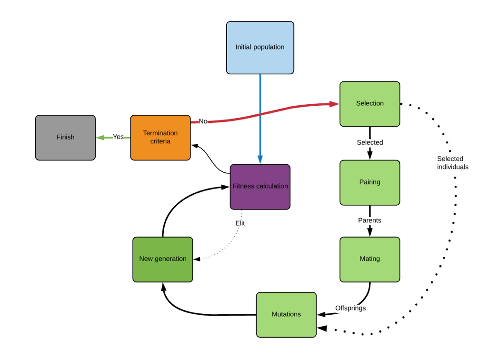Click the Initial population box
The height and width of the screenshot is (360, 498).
[x=260, y=48]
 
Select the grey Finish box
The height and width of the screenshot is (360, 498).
[x=65, y=137]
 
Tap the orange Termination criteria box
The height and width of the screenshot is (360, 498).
[x=160, y=137]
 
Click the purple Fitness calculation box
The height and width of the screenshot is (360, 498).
[x=260, y=187]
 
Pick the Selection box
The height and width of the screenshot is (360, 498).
[x=369, y=104]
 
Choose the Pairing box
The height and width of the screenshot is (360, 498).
[x=369, y=182]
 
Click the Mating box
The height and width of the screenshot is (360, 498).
[x=369, y=259]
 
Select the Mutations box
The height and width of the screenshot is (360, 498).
[x=286, y=314]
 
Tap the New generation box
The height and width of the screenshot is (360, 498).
[x=163, y=259]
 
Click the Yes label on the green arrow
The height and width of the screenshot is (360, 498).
[x=118, y=137]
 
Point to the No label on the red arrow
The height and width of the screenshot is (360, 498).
[x=203, y=121]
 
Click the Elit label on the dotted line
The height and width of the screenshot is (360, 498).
[x=240, y=223]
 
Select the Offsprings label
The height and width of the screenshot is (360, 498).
[x=350, y=308]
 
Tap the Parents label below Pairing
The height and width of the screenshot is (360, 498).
[x=369, y=220]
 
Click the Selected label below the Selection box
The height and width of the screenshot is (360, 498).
[x=369, y=142]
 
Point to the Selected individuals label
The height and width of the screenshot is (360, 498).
[x=452, y=163]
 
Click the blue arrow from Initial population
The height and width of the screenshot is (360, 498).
[x=260, y=119]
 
